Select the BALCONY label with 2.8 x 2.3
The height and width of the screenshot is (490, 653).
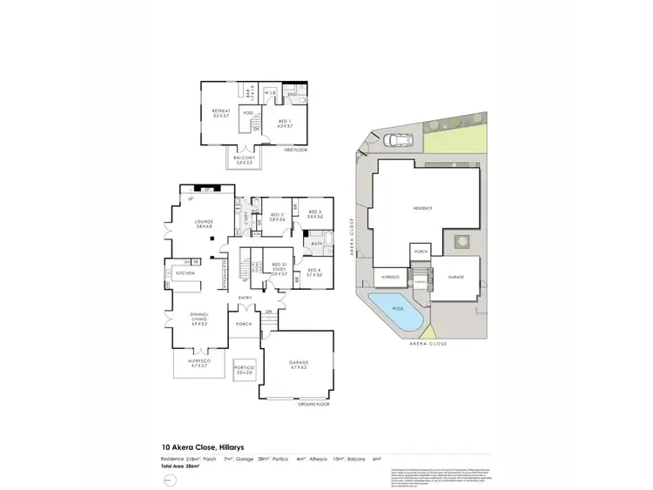click(244, 160)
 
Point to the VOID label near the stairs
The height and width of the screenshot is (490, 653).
click(248, 113)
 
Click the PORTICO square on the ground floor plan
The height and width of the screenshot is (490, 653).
click(244, 370)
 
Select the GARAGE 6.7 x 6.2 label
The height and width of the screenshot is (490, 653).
click(299, 364)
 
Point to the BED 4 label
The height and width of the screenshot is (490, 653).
click(314, 272)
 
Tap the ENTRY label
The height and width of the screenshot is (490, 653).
click(246, 299)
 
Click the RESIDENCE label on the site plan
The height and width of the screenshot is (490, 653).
click(422, 208)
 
